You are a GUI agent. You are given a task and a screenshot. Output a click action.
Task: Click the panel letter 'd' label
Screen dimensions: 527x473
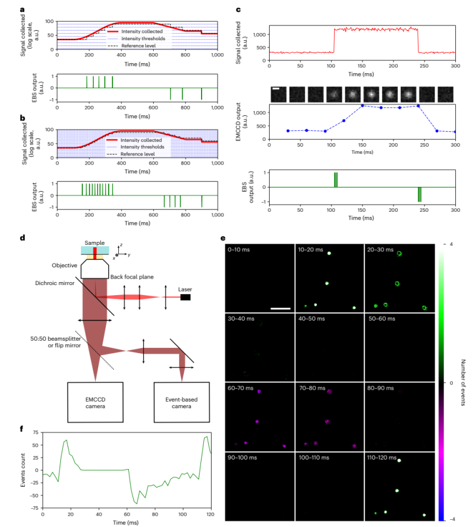[x=22, y=239]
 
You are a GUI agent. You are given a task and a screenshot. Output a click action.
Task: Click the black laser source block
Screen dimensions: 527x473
[x=186, y=297]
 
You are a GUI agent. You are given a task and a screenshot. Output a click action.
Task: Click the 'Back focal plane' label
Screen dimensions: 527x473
[x=131, y=277]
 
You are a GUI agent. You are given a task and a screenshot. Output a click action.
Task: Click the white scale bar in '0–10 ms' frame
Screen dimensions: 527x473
[x=281, y=308]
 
